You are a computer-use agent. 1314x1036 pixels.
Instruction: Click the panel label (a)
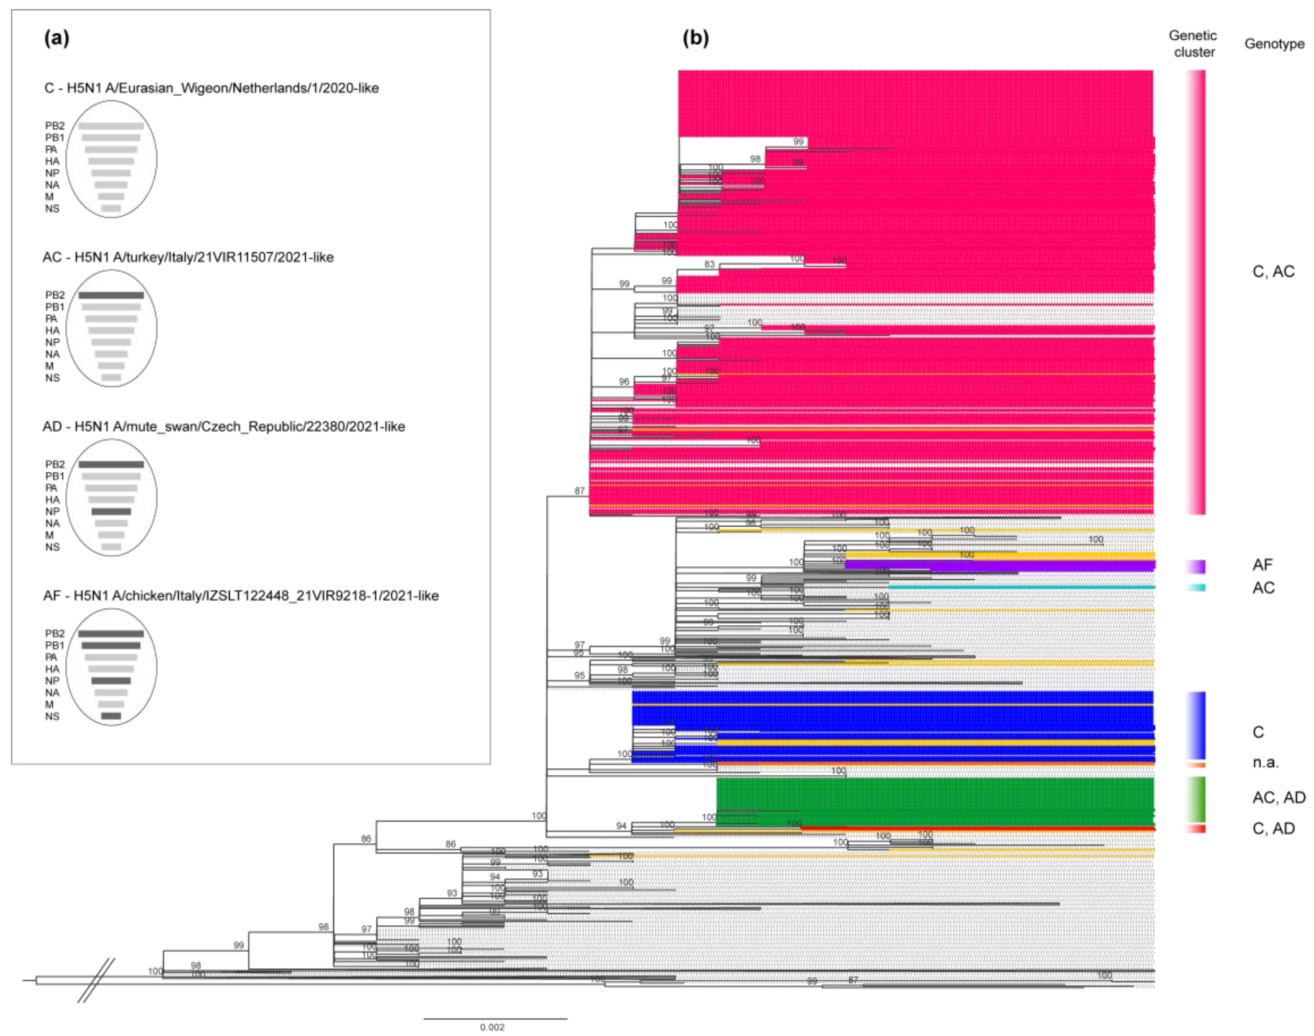pos(57,38)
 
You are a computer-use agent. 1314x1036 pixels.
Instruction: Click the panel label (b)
pos(696,38)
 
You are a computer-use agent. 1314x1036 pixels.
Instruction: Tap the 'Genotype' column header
pos(1274,44)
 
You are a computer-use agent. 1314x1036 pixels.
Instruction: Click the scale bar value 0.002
pos(492,1027)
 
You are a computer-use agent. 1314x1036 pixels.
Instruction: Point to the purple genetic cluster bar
pos(1196,566)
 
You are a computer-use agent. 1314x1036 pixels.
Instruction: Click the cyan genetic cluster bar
pos(1196,587)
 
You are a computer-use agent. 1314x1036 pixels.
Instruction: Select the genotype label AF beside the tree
pos(1263,565)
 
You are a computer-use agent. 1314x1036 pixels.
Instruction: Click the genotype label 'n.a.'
pos(1266,762)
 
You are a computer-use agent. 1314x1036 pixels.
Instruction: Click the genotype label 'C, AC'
pos(1273,271)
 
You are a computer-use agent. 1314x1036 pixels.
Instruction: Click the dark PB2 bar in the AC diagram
pos(111,295)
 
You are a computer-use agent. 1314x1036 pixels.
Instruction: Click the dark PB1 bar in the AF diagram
pos(111,645)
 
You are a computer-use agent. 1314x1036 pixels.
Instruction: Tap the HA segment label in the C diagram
pos(52,161)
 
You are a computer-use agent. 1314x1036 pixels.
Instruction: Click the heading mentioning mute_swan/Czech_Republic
pos(224,427)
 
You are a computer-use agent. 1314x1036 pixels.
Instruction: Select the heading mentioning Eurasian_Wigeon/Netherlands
pos(212,88)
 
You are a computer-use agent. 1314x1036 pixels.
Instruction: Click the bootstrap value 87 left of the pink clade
pos(580,490)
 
